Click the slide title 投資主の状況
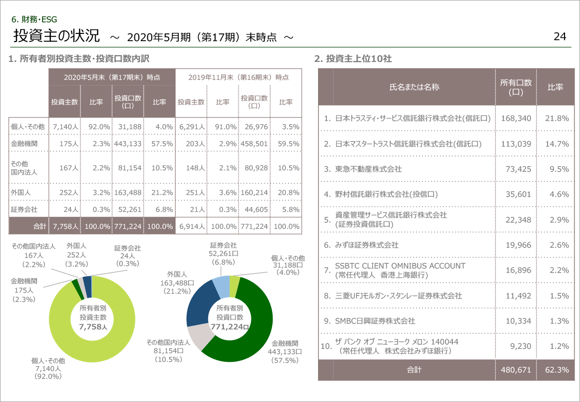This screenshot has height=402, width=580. (x=57, y=36)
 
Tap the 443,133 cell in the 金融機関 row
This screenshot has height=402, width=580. (x=128, y=144)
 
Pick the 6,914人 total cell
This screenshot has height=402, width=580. (x=190, y=226)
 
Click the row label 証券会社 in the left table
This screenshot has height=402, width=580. (x=24, y=210)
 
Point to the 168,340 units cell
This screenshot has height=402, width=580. (x=516, y=118)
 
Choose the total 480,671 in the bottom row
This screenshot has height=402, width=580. (x=516, y=370)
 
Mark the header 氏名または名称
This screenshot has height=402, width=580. (x=414, y=88)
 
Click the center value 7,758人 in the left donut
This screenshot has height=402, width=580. (x=92, y=327)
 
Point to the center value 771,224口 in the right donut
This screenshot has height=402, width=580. (x=230, y=327)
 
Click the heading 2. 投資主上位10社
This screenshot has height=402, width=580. (x=353, y=59)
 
